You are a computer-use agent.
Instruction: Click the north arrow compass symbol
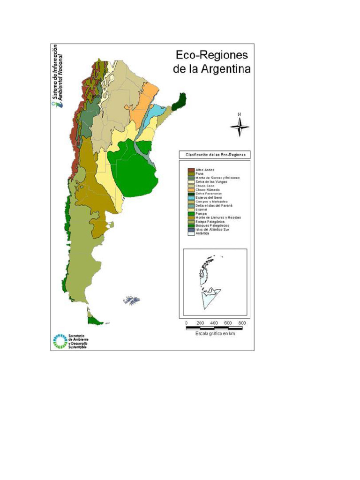coord(240,125)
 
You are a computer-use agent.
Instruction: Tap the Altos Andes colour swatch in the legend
coord(191,170)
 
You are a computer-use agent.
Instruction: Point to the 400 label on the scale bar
coord(214,323)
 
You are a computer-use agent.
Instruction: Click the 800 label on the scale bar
coord(242,323)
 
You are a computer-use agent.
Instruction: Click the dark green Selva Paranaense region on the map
coord(179,101)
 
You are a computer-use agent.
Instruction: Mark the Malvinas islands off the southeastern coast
coord(132,300)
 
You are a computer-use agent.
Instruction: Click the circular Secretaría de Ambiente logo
coord(60,341)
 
